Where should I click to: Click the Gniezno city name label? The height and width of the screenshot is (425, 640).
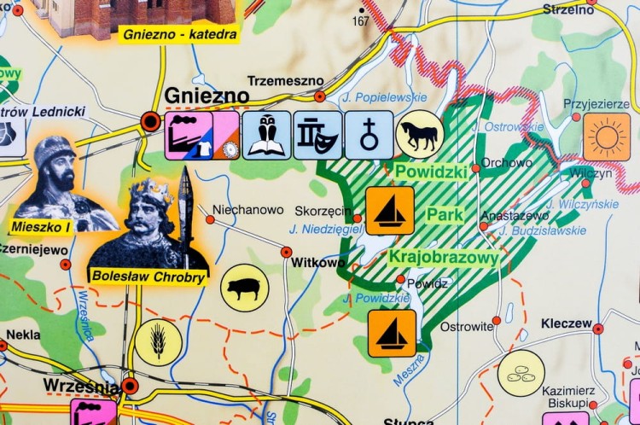(x=206, y=95)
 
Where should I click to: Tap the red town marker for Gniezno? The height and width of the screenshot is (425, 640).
(x=151, y=121)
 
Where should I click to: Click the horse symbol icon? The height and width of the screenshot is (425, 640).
(x=420, y=134)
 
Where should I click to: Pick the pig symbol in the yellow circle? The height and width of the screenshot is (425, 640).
(x=245, y=288)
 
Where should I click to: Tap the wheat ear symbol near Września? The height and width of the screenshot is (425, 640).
(x=158, y=342)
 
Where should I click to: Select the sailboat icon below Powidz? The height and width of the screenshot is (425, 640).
(x=392, y=332)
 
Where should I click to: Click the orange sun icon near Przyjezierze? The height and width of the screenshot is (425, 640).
(x=607, y=137)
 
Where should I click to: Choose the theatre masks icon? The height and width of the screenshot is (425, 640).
(x=317, y=135)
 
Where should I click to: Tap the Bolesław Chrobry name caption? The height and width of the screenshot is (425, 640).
(x=148, y=277)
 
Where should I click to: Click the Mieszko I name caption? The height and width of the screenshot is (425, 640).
(x=41, y=226)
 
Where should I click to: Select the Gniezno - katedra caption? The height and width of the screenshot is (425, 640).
(x=179, y=34)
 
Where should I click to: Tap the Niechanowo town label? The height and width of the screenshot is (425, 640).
(x=247, y=209)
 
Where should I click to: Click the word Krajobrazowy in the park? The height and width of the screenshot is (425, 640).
(x=443, y=257)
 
